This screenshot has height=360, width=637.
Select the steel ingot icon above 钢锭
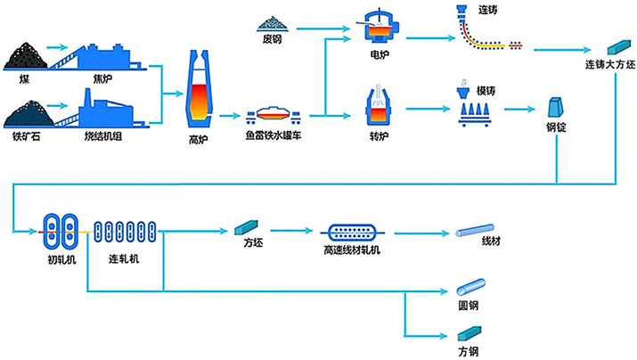[557, 107]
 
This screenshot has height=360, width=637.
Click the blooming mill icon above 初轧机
[61, 231]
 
